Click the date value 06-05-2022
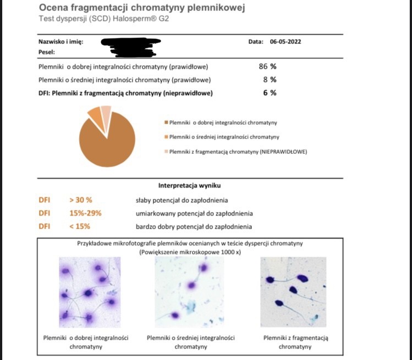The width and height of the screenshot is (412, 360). tap(285, 42)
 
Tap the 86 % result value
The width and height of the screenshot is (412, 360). tap(267, 67)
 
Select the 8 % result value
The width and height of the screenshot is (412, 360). tap(269, 80)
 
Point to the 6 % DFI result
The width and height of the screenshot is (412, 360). tap(269, 93)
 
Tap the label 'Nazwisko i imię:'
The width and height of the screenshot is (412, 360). tap(61, 42)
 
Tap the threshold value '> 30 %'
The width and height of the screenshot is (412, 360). tap(80, 200)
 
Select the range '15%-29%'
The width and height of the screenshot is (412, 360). tap(85, 213)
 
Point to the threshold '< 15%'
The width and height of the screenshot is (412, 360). tap(80, 226)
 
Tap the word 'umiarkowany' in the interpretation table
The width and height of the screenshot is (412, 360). tap(153, 213)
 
